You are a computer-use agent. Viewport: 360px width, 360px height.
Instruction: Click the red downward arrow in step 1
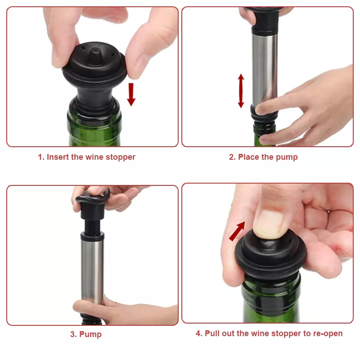(x=131, y=94)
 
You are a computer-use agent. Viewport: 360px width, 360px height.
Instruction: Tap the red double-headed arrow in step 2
(x=241, y=91)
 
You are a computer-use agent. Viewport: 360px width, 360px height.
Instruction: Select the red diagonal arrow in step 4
(x=237, y=231)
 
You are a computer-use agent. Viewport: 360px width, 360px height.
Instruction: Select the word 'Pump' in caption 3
(x=90, y=334)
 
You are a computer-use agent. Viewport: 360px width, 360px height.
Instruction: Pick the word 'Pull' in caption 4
(x=212, y=333)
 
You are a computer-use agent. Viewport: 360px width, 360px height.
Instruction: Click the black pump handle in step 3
(x=93, y=204)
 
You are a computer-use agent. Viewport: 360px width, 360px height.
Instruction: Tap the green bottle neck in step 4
(x=271, y=298)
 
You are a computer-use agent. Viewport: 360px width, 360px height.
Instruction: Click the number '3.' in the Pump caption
(x=73, y=334)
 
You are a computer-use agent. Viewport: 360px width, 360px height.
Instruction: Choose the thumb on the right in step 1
(x=147, y=46)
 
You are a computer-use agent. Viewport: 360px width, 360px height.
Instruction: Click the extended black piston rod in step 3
(x=92, y=226)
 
